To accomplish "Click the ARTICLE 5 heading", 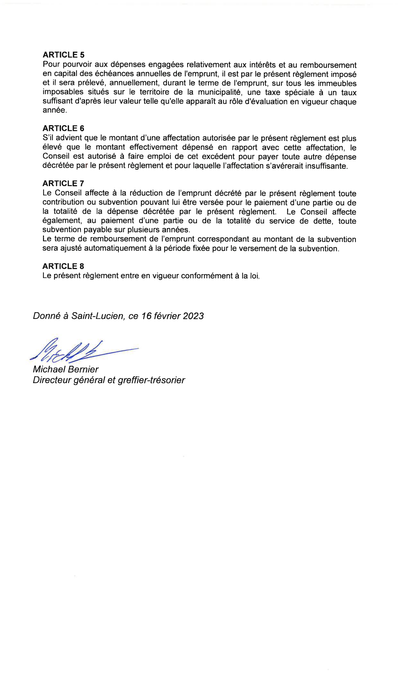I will coord(63,55).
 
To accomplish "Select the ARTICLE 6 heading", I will coord(63,128).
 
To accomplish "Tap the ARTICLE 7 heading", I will coord(63,184).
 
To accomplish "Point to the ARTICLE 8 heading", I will coord(63,266).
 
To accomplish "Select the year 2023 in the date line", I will coord(193,316).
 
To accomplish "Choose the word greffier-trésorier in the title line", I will coord(151,381).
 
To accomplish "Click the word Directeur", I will coord(51,381).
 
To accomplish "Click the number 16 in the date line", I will coord(146,316).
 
